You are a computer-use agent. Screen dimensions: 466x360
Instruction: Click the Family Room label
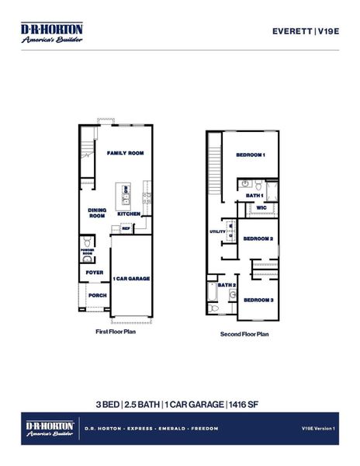point(125,154)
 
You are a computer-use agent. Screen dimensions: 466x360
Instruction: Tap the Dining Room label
point(97,213)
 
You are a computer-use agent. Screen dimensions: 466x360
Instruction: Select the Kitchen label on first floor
point(129,214)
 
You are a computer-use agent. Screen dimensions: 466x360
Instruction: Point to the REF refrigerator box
point(125,228)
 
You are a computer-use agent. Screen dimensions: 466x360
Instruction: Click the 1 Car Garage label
point(131,278)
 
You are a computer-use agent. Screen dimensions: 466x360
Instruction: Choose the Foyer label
point(95,273)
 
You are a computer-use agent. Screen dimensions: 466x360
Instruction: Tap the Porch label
point(97,295)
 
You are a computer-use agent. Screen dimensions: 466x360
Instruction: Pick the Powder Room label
point(87,251)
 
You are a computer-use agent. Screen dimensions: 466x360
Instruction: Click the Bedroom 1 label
point(251,155)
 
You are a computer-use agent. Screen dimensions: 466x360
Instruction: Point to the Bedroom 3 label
point(258,300)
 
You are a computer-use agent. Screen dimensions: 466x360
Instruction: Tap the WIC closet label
point(261,208)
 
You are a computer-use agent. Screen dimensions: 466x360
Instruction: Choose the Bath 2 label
point(226,286)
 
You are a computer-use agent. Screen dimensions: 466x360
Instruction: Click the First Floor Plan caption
point(115,331)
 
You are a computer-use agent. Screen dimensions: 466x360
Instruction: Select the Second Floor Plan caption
point(244,335)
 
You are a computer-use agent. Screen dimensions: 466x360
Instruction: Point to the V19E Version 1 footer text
point(317,429)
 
